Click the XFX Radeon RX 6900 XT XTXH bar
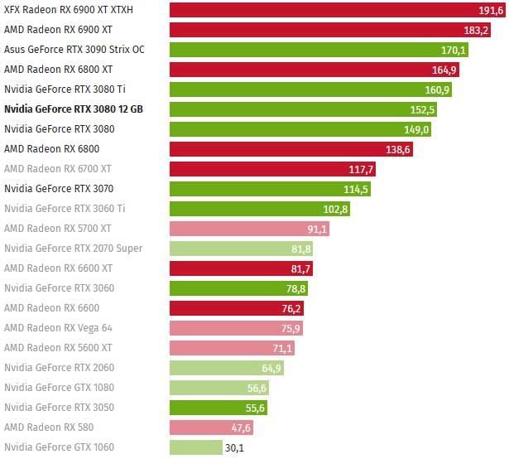[x=331, y=10]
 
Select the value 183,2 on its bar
[x=476, y=30]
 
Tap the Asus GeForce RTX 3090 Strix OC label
[x=74, y=50]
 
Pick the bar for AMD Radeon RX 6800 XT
[x=315, y=70]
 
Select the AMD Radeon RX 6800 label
[x=51, y=149]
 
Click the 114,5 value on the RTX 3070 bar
[x=356, y=189]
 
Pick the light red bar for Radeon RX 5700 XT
[x=249, y=229]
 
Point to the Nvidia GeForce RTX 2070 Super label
[x=73, y=249]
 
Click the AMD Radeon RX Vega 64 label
[x=58, y=328]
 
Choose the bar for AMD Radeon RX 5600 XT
[x=233, y=348]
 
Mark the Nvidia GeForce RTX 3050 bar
[x=219, y=408]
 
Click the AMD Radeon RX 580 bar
[x=211, y=428]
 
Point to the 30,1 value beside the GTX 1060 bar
[x=235, y=447]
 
